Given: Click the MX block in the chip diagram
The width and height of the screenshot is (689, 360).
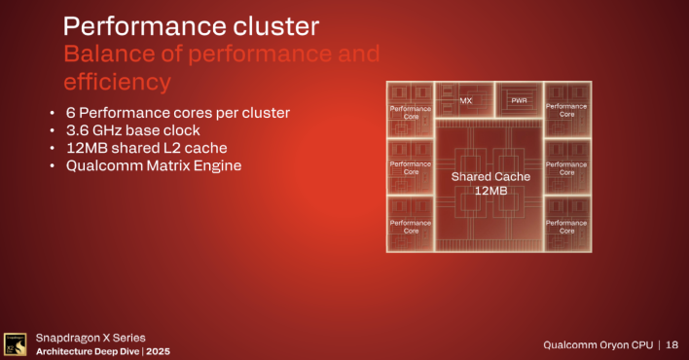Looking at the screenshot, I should coord(465,100).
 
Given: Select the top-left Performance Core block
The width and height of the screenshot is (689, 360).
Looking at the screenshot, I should coord(411,110).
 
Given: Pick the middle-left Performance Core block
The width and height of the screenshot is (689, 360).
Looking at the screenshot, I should coord(411,167).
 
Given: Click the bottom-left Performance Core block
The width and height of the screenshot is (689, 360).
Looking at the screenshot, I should coord(411,226).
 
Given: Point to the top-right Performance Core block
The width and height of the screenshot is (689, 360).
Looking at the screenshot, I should coord(566,109).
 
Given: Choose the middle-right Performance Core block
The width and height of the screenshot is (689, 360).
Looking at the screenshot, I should coord(566,167).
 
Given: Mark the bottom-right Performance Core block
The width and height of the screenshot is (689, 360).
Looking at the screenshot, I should coord(566,226).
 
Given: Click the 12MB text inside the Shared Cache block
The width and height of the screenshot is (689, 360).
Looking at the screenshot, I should coord(490,191).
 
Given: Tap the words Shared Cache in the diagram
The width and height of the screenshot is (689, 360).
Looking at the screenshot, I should coord(490,177).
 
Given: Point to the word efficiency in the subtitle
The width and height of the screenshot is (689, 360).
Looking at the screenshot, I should coord(117,80).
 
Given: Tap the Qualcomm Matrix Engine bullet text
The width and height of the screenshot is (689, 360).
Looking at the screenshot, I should coord(153,165).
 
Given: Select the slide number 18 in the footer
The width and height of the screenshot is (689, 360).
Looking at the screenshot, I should coord(671,344).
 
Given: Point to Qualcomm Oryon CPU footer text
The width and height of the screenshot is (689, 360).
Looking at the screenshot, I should coord(594,344).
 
